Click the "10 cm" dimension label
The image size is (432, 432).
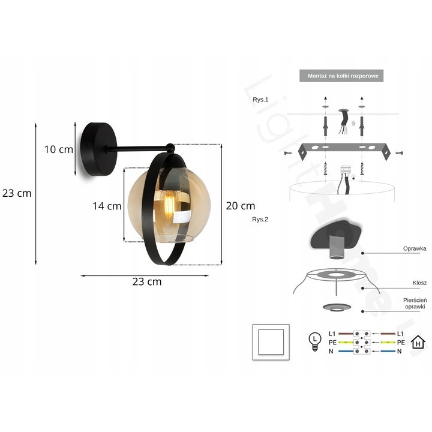pyautogui.click(x=58, y=149)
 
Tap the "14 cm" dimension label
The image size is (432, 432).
pyautogui.click(x=107, y=206)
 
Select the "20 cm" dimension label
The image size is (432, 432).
pyautogui.click(x=240, y=206)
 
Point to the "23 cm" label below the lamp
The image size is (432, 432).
pyautogui.click(x=147, y=281)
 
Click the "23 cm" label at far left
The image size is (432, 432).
pyautogui.click(x=17, y=193)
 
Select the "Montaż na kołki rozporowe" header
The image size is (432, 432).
pyautogui.click(x=341, y=76)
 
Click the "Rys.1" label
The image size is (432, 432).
pyautogui.click(x=260, y=100)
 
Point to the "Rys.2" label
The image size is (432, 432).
pyautogui.click(x=260, y=220)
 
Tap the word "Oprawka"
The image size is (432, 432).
pyautogui.click(x=415, y=247)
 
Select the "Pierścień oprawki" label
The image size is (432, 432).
pyautogui.click(x=415, y=303)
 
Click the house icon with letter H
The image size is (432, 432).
pyautogui.click(x=418, y=343)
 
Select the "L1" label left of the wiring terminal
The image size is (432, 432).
pyautogui.click(x=332, y=332)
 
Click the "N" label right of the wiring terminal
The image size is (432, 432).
pyautogui.click(x=400, y=352)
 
